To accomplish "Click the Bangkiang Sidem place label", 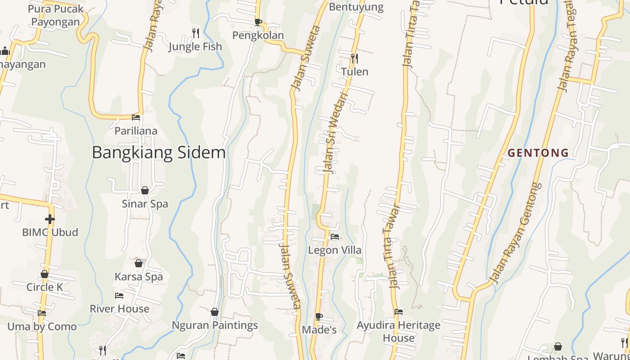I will pos(158,153).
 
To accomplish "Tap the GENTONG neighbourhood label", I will pos(538,153).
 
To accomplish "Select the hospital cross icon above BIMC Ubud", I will pos(49,219).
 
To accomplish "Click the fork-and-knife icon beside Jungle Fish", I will pos(195,33).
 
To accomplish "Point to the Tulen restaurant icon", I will pos(355,58).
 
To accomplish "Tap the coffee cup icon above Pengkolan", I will pos(258,22).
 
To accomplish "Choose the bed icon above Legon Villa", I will pos(334,236).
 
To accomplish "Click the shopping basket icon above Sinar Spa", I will pos(145,190).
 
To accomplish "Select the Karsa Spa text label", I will pos(139,277).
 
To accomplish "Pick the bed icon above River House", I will pos(119,296).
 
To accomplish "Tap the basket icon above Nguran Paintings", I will pos(215,312).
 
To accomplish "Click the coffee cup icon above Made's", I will pos(319,316).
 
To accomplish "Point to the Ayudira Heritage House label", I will pos(398,331).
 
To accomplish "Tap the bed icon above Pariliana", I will pos(136,117).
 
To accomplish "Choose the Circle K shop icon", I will pos(45,274).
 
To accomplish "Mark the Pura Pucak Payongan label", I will pos(56,15).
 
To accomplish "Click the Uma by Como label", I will pos(42,327).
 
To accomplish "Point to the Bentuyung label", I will pos(356,7).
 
